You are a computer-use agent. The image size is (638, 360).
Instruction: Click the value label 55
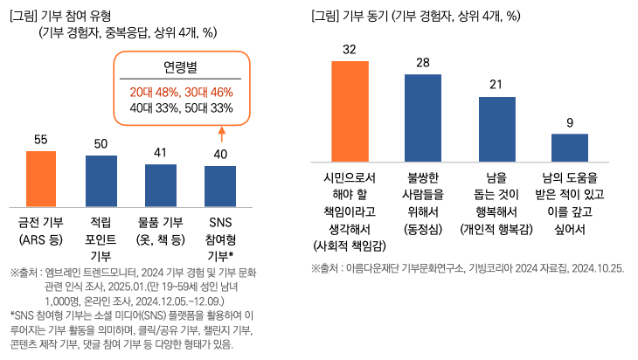coord(41,140)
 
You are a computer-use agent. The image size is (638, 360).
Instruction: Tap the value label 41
coord(161,153)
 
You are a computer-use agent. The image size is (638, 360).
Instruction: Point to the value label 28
coord(423,63)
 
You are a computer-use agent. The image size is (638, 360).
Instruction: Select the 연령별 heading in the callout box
coord(182,67)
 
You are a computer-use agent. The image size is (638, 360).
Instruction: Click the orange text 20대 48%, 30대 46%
coord(182,91)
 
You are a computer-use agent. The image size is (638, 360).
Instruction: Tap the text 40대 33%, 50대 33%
coord(182,107)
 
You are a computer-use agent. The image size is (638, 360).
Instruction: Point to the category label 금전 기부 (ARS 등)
coord(41,230)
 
